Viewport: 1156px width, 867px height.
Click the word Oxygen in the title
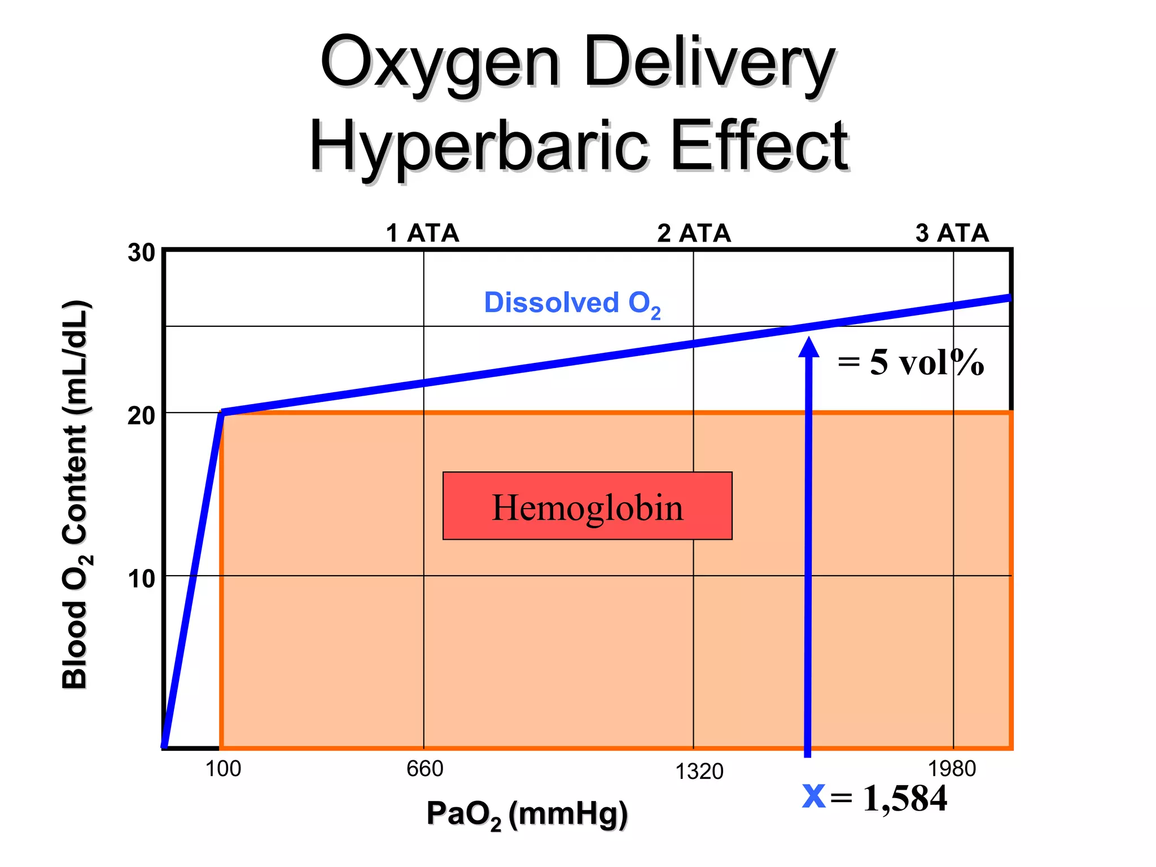point(440,63)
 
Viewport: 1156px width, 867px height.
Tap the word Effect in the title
point(760,146)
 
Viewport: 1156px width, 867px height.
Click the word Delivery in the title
point(709,63)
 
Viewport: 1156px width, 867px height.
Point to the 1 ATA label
point(422,233)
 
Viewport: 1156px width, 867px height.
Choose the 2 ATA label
point(694,233)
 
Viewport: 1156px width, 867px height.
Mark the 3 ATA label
point(952,233)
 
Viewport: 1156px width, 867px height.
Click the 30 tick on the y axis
point(141,253)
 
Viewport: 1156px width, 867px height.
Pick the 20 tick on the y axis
point(141,416)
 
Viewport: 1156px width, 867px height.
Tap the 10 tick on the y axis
point(141,579)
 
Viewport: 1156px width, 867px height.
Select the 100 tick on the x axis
point(223,769)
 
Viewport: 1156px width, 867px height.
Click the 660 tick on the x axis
point(424,769)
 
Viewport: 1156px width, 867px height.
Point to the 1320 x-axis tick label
point(699,771)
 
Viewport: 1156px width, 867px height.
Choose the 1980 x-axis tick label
point(952,769)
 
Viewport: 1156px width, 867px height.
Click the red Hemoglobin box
point(587,506)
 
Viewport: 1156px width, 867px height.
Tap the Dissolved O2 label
point(572,304)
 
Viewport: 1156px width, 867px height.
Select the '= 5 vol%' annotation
point(910,362)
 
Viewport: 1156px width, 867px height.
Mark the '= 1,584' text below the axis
point(888,798)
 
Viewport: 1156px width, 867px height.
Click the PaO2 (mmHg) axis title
point(527,814)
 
